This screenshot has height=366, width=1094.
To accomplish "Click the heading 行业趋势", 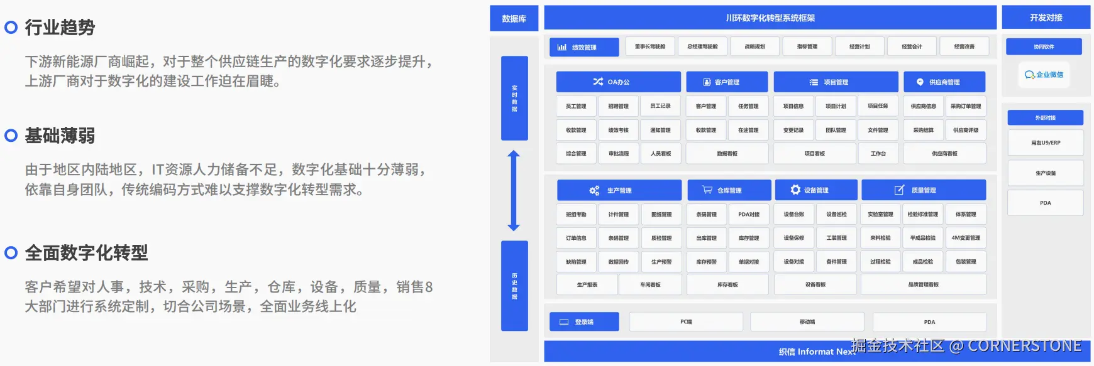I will point(60,28).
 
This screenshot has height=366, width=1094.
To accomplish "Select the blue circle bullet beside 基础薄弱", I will point(11,136).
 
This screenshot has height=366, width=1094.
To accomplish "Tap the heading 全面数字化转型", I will point(86,253).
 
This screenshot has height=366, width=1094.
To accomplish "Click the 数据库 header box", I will point(514,19).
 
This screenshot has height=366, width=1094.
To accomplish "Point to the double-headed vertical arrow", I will point(514,191).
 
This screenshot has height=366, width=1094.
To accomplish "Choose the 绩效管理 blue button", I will point(584,47).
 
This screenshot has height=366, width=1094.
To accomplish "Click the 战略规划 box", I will point(754,46).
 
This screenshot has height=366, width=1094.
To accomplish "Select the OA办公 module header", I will point(618,82).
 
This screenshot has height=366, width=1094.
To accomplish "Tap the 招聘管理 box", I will point(618,106).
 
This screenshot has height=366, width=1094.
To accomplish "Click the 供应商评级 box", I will point(965,130).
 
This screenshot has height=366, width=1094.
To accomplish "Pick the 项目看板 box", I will point(814,153).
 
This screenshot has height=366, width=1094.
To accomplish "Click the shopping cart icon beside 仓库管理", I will point(707,190).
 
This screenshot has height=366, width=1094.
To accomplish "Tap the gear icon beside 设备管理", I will point(795,190).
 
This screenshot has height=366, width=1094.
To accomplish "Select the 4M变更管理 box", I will point(965,238).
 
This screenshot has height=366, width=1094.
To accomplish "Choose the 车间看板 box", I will point(650,284).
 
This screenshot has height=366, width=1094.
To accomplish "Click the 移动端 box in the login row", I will point(807,321).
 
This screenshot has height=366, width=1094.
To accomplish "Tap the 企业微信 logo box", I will point(1044,75).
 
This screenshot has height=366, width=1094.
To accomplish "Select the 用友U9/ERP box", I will point(1045,143).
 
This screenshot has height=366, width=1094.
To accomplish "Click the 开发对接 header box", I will point(1046,18).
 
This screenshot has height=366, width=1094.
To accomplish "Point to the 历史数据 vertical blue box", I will point(514,286).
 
